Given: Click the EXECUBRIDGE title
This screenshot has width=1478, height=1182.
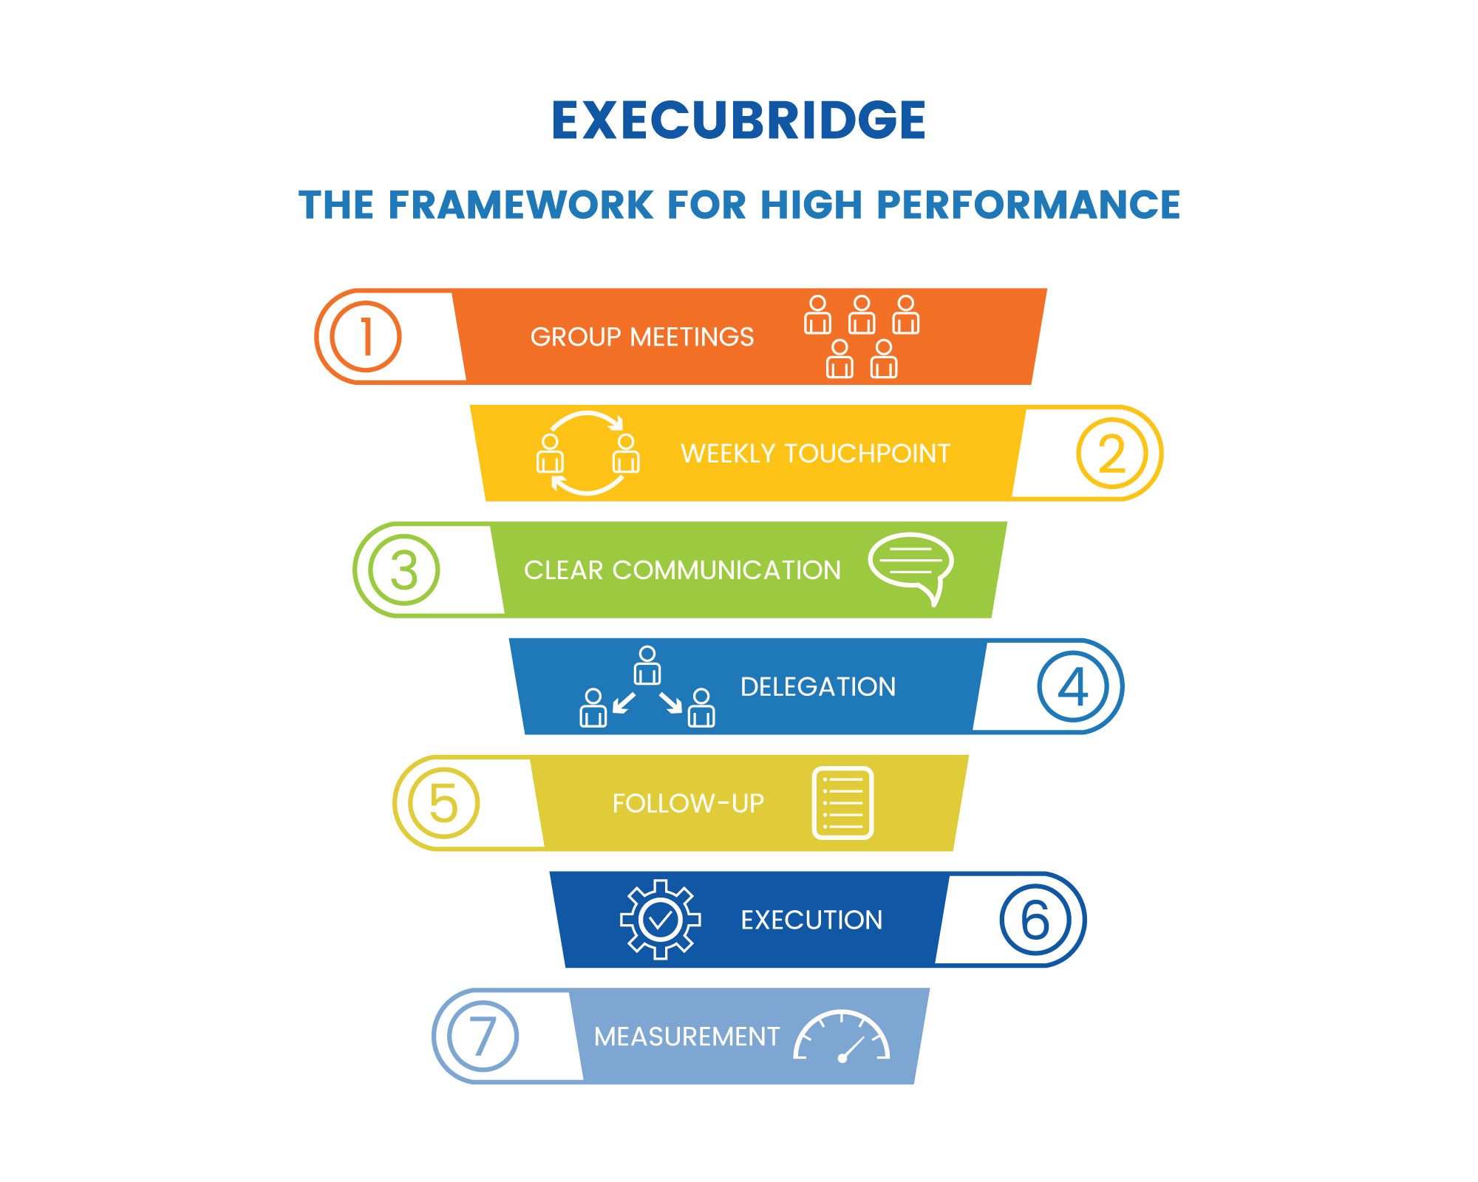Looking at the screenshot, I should tap(738, 120).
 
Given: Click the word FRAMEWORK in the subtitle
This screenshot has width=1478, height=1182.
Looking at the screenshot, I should tap(521, 205).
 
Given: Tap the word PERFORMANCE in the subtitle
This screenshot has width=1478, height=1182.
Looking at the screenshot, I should tap(1028, 205).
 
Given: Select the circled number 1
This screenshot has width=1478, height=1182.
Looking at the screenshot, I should tap(365, 337).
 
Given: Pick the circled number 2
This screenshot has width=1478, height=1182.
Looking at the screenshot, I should tap(1111, 454).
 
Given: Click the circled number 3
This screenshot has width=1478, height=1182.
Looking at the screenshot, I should tap(404, 570).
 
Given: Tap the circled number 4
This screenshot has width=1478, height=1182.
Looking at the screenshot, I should tap(1073, 687).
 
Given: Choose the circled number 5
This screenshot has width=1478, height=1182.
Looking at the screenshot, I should tap(443, 803).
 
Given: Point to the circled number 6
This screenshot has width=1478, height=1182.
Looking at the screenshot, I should tap(1035, 920).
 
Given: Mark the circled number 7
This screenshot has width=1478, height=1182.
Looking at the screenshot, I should tap(483, 1036).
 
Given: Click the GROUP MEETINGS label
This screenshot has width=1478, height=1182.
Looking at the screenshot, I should tap(642, 337).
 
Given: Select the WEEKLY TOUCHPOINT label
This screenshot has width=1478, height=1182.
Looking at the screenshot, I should tap(815, 454).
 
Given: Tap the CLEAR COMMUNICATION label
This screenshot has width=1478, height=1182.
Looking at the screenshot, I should tap(682, 570).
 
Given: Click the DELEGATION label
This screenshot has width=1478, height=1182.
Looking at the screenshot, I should tap(818, 687).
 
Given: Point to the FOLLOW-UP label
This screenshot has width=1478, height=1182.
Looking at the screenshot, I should tap(688, 803).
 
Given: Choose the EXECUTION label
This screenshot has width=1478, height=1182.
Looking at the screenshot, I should tap(811, 920).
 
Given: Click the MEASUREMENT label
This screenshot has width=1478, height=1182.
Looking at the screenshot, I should tap(687, 1036).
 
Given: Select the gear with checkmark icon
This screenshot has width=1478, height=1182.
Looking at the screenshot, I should tap(660, 920).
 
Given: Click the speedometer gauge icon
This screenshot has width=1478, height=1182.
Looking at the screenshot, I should tap(842, 1036).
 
